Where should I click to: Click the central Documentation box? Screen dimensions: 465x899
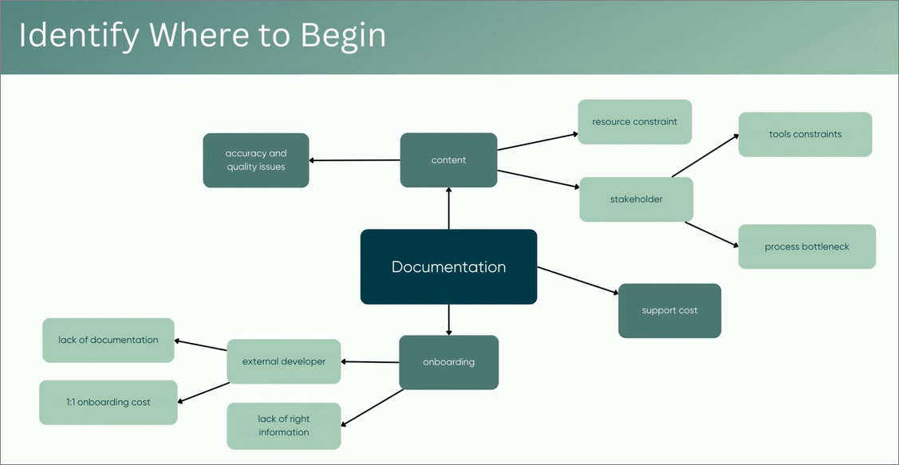448,266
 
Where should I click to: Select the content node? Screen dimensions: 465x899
448,160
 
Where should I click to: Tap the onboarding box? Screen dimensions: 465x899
448,362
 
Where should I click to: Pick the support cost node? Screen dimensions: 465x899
669,310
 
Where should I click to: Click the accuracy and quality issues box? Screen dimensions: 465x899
255,160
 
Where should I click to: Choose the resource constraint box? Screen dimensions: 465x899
634,122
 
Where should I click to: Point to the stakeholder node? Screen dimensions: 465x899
636,199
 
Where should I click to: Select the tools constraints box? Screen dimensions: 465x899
805,134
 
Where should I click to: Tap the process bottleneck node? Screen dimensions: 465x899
806,246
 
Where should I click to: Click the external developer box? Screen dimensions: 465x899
283,361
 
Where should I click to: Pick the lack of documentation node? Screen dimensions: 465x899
108,340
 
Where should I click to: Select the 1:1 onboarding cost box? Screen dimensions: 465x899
108,402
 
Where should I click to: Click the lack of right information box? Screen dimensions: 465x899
283,425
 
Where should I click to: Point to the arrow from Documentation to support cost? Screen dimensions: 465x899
578,281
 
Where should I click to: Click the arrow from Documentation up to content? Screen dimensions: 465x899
449,208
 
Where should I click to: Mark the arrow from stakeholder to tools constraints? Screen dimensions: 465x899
705,156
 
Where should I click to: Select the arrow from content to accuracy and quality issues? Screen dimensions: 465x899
354,160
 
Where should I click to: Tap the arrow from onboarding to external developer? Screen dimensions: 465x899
370,362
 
